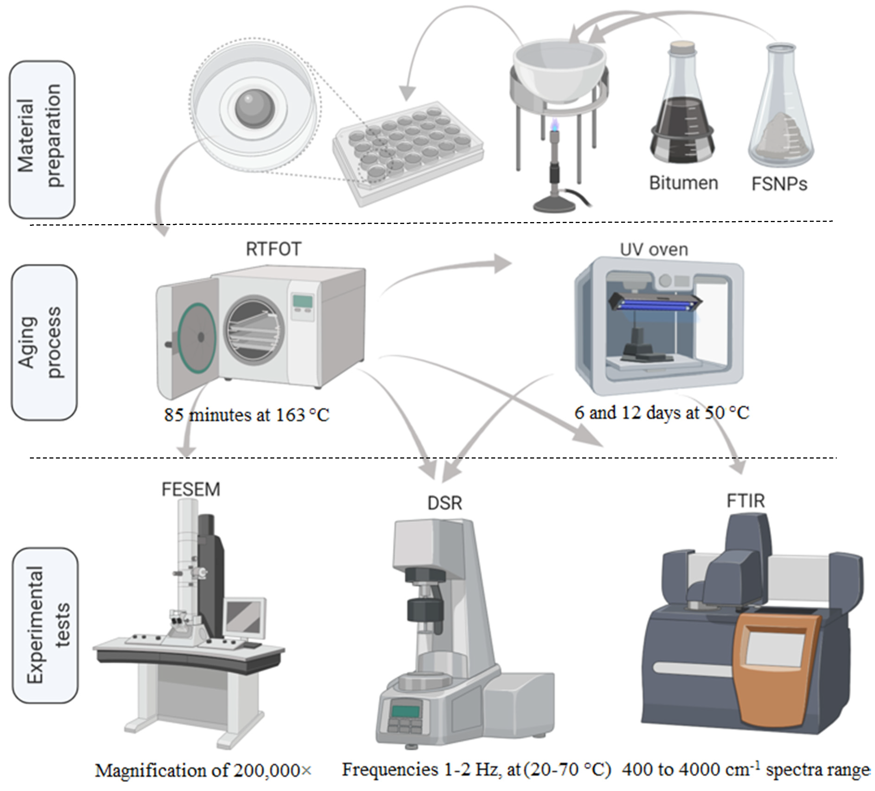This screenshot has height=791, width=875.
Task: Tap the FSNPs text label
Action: [779, 184]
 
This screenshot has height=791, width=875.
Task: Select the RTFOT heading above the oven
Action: [273, 249]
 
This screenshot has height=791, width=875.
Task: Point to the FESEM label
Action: [191, 490]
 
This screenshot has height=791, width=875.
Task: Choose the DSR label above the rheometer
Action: [445, 503]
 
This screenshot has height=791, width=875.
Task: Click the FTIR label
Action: [746, 501]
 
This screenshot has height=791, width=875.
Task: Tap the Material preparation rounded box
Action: [42, 140]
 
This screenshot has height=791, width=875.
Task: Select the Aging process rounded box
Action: [44, 343]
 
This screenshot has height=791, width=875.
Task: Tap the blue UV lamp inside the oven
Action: [655, 303]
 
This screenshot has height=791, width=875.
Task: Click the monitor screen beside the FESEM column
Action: [245, 618]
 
